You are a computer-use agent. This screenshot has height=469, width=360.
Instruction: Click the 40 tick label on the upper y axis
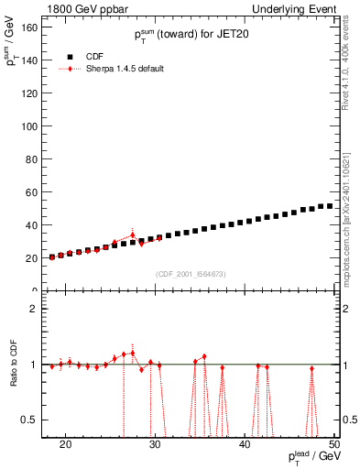coord(33,224)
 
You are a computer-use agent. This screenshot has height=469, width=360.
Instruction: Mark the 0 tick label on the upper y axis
coord(37,290)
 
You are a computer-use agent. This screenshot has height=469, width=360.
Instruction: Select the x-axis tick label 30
coord(156,442)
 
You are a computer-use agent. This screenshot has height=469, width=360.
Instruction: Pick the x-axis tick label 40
coord(245,442)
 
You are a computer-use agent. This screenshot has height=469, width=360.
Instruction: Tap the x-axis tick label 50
coord(335,442)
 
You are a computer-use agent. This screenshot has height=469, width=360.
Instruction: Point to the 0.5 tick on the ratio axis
coord(32,420)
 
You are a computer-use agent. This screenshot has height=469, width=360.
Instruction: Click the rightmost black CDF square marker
coord(330,206)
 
